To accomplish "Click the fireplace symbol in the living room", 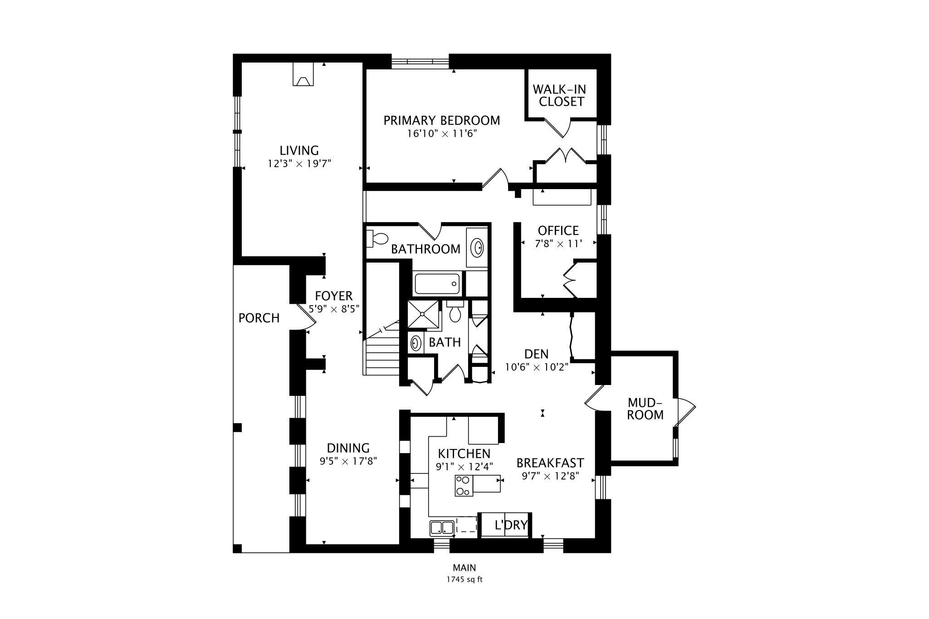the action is (303, 74).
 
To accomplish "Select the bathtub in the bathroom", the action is (437, 283).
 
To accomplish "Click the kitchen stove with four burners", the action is (463, 485).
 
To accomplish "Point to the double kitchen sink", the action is (442, 528).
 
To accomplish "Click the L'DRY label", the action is (511, 525).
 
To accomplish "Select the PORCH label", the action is (259, 318).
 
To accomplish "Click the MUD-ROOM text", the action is (645, 409).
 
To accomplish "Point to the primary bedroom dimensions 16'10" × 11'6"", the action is (442, 134).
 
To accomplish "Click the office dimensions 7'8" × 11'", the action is (558, 244).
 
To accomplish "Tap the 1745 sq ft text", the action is (464, 580).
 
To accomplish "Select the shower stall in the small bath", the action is (424, 314).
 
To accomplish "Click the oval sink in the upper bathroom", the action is (477, 248).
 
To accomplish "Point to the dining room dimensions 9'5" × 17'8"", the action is (348, 462).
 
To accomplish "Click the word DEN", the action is (536, 354).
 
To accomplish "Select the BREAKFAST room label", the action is (550, 463).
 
